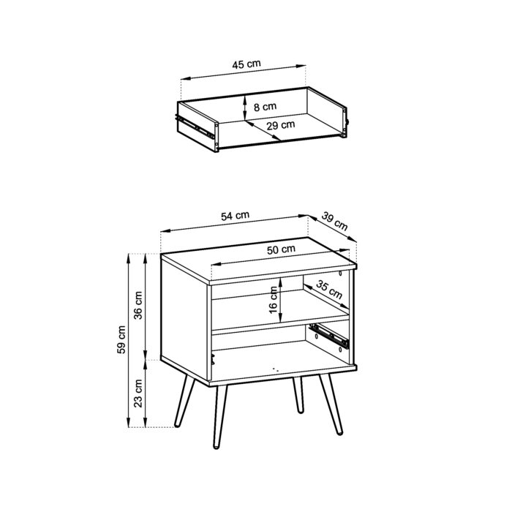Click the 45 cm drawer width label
tap(246, 64)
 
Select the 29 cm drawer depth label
tap(281, 125)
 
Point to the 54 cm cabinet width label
tap(236, 216)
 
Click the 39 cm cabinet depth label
tap(335, 222)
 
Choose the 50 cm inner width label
tap(281, 249)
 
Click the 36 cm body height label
tap(140, 306)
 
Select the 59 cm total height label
tap(122, 340)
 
